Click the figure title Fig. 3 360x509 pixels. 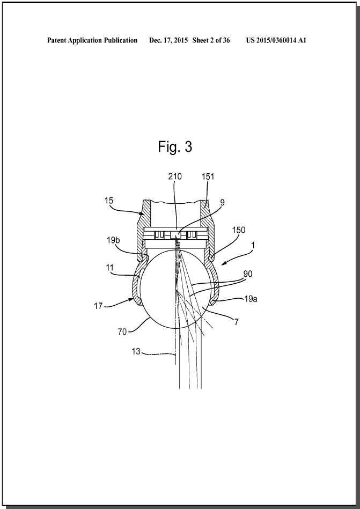click(175, 147)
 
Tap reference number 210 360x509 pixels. click(175, 176)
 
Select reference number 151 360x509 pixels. click(208, 176)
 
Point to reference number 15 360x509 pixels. click(109, 200)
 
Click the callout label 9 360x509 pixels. click(222, 203)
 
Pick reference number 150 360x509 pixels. click(239, 230)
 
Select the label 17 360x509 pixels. click(98, 306)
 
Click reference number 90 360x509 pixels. click(247, 274)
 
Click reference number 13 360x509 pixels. click(136, 351)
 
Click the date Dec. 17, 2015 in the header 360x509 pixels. click(168, 41)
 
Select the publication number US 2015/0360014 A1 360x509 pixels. click(276, 41)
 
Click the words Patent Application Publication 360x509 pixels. click(92, 41)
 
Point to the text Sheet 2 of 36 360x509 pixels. click(211, 41)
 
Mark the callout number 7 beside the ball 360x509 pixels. click(236, 322)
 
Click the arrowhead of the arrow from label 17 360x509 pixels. click(133, 300)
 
